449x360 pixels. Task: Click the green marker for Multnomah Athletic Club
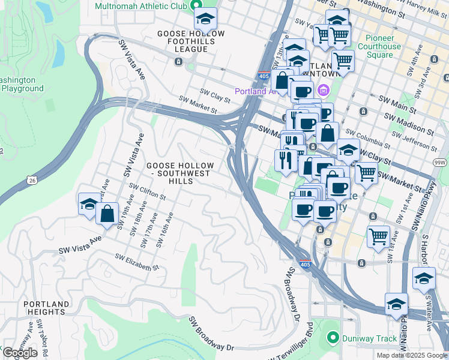coord(196,6)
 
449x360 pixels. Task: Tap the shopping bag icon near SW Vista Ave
coord(107,214)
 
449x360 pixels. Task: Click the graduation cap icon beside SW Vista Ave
coord(89,203)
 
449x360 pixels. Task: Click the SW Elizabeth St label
coord(137,262)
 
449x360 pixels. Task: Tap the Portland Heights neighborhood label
coord(46,308)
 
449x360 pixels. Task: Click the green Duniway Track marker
coord(333,338)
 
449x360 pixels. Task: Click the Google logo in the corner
coord(20,353)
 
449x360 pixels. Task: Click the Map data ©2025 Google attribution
coord(411,355)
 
